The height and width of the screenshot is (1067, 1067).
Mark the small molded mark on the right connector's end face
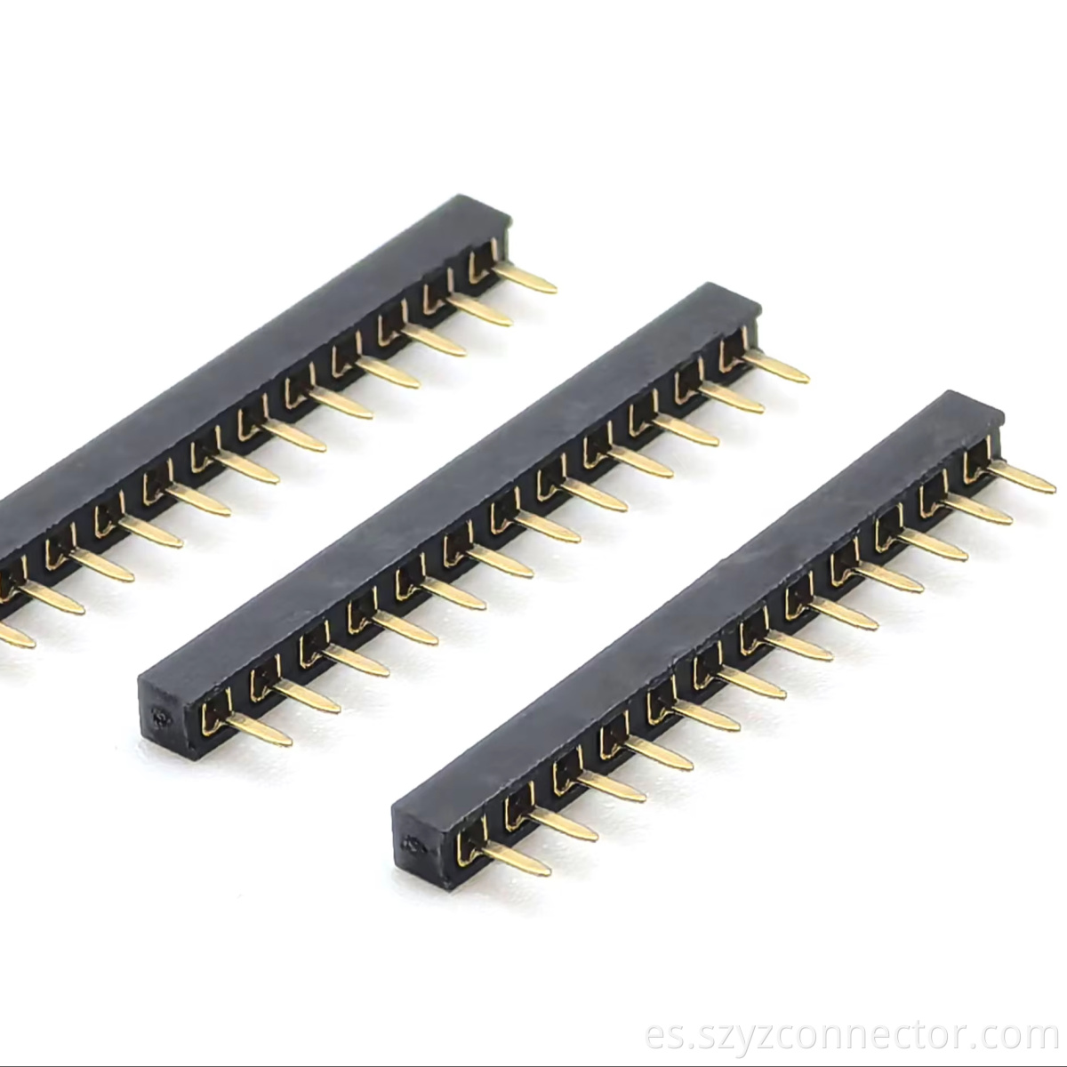coord(411,843)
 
